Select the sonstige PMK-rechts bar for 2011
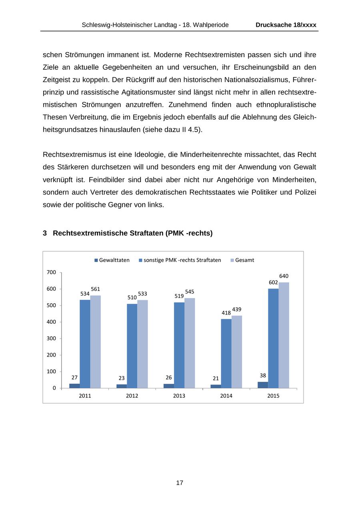pyautogui.click(x=85, y=344)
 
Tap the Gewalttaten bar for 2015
pyautogui.click(x=263, y=385)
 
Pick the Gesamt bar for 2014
pyautogui.click(x=237, y=352)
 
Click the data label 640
pyautogui.click(x=284, y=276)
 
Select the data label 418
pyautogui.click(x=226, y=313)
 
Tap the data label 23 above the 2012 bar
pyautogui.click(x=122, y=378)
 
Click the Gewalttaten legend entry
pyautogui.click(x=112, y=260)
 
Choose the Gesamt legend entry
pyautogui.click(x=242, y=260)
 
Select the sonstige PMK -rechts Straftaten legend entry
pyautogui.click(x=180, y=260)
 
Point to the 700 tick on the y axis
pyautogui.click(x=51, y=273)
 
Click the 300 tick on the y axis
pyautogui.click(x=51, y=339)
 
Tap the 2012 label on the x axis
pyautogui.click(x=132, y=396)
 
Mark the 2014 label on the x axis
pyautogui.click(x=226, y=396)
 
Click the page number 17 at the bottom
pyautogui.click(x=180, y=483)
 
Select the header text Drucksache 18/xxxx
pyautogui.click(x=286, y=25)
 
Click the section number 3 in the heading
pyautogui.click(x=45, y=233)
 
